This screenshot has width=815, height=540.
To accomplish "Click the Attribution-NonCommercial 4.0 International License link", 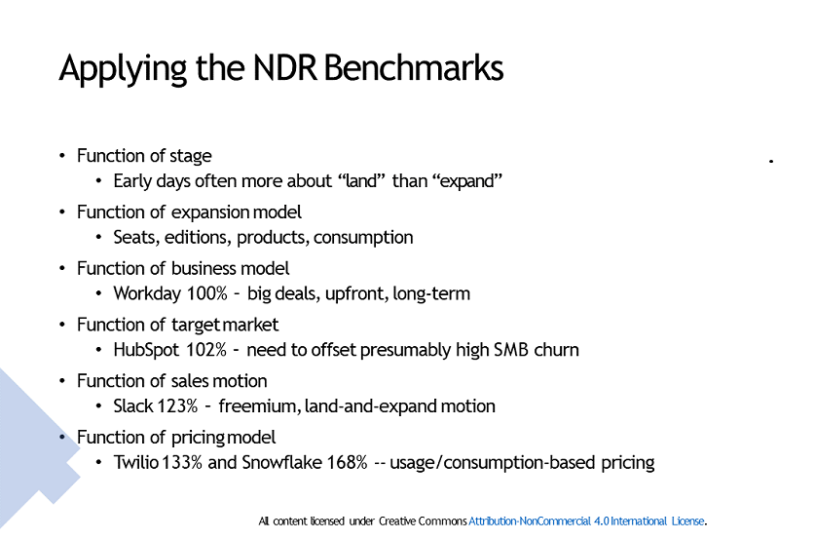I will (x=586, y=521).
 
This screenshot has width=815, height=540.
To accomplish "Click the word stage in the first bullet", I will (x=191, y=156).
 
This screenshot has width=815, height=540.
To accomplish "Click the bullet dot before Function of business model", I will (x=62, y=268).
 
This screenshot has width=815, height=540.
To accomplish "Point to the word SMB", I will (x=504, y=350).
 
